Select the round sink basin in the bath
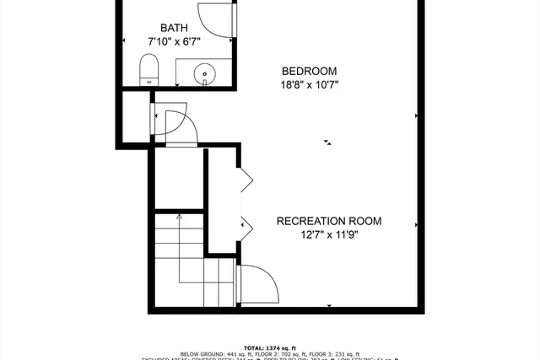[x=205, y=75]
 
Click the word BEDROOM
[x=309, y=71]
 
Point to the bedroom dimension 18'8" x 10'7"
[x=309, y=84]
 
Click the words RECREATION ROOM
[x=329, y=222]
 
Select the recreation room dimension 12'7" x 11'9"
[x=329, y=236]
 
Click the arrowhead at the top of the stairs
[x=178, y=218]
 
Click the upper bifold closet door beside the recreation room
[x=246, y=178]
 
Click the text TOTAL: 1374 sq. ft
[x=270, y=347]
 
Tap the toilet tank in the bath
[x=150, y=81]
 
